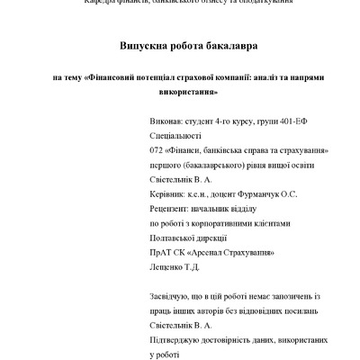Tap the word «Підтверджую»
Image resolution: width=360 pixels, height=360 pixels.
coord(174,339)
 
